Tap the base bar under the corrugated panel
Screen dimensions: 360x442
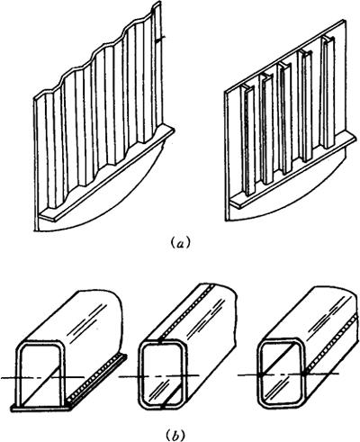107,174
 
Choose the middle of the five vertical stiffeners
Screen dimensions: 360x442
285,118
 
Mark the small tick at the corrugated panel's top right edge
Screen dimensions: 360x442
161,38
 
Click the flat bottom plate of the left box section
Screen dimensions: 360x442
41,408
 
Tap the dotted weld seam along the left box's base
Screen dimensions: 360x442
97,378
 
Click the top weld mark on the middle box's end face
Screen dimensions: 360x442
160,341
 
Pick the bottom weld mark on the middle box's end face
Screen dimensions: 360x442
162,406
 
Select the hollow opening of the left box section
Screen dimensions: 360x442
41,375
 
